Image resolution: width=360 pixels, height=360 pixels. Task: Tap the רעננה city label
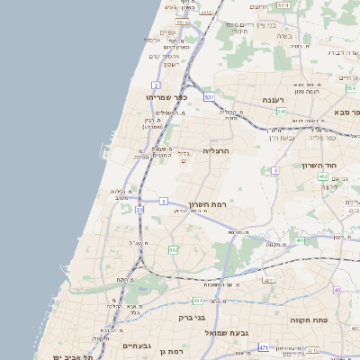pyautogui.click(x=273, y=100)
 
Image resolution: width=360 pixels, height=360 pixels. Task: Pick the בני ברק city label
pyautogui.click(x=188, y=317)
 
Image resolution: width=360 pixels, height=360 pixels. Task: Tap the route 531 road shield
pyautogui.click(x=209, y=95)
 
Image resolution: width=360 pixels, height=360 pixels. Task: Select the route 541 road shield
pyautogui.click(x=282, y=112)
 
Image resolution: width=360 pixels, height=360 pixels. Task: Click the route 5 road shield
pyautogui.click(x=164, y=202)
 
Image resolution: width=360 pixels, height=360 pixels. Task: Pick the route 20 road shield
pyautogui.click(x=139, y=210)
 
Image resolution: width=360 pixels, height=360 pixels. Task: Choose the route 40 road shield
pyautogui.click(x=337, y=290)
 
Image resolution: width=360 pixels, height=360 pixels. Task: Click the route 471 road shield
pyautogui.click(x=264, y=346)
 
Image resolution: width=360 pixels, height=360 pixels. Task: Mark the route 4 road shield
pyautogui.click(x=274, y=170)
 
